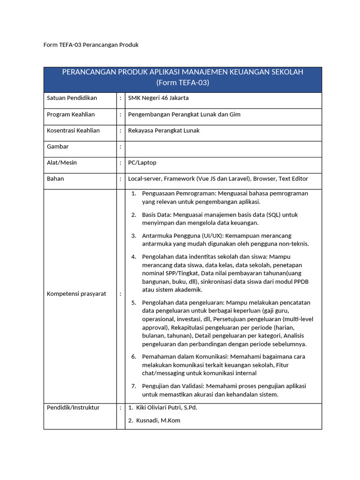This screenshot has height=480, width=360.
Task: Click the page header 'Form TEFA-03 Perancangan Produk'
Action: click(91, 45)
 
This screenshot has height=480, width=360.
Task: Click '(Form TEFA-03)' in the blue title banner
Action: click(183, 82)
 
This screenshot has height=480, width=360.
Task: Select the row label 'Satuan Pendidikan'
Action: click(72, 98)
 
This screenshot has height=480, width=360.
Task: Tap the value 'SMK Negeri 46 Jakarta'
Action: click(158, 98)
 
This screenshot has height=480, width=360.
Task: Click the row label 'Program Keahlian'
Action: click(71, 114)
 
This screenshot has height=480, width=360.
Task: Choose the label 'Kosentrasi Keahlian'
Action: click(74, 130)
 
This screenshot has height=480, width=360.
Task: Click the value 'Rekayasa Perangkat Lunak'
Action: click(164, 130)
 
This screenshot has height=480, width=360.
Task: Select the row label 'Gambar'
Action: click(58, 146)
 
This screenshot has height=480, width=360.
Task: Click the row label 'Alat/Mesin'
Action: click(62, 163)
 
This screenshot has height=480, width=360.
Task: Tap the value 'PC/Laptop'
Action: click(142, 163)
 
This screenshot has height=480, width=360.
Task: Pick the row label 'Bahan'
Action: click(55, 179)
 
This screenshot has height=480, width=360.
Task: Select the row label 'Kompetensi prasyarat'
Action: click(76, 294)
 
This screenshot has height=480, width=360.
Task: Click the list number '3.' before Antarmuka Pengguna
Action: click(134, 236)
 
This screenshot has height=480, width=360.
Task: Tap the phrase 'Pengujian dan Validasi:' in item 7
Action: click(173, 386)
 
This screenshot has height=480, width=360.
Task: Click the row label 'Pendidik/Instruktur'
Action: click(73, 407)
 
